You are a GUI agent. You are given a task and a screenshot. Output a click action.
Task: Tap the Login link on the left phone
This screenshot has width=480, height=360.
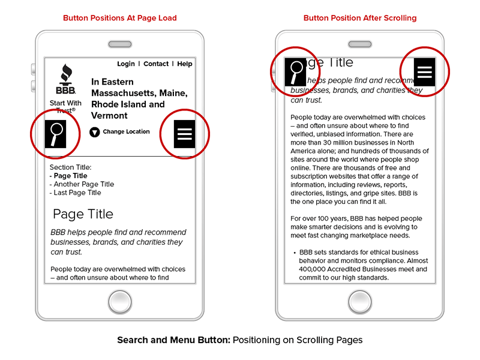click(126, 64)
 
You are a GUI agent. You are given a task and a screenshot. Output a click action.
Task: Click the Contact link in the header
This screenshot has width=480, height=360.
click(156, 64)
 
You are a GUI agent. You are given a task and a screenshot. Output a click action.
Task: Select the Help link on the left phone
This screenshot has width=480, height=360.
click(185, 64)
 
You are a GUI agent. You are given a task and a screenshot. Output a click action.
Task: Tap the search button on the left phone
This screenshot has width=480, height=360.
click(56, 134)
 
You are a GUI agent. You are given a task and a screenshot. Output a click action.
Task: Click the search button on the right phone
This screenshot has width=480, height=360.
click(295, 72)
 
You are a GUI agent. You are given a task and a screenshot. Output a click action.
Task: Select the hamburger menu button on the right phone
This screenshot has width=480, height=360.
click(425, 72)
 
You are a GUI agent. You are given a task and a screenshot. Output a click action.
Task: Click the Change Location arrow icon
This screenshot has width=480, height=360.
click(94, 132)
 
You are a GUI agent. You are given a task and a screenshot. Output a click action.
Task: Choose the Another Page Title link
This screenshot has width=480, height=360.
click(83, 184)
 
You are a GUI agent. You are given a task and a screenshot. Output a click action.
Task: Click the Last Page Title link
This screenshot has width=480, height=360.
click(77, 193)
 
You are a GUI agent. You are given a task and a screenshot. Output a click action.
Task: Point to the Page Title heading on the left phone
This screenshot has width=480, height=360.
click(83, 214)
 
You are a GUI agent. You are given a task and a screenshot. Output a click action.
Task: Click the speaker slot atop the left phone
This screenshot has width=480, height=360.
click(120, 44)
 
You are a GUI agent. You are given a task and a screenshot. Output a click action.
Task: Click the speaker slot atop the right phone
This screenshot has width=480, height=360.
click(360, 44)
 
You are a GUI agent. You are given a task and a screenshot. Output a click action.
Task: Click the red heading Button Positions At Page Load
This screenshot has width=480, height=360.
click(120, 18)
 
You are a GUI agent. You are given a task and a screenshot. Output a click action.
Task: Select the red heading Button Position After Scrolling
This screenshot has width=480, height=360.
click(360, 18)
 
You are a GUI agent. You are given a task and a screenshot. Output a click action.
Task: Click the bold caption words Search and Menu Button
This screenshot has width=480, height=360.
click(173, 340)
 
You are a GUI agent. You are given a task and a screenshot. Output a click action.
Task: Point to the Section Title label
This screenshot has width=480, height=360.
click(70, 167)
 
